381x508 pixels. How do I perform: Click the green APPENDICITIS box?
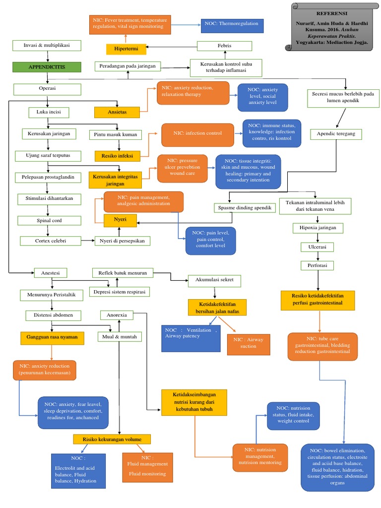tap(47, 66)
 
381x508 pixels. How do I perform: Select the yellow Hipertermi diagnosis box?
tap(126, 49)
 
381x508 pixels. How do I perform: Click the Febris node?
tap(224, 46)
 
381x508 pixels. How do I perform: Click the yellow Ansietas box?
tap(117, 112)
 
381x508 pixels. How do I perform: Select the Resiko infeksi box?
tap(117, 156)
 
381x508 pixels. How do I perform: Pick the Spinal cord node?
tap(47, 220)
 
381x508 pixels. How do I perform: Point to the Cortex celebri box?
tap(51, 241)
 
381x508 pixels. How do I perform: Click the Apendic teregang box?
tap(336, 134)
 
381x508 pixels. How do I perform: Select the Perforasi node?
tap(317, 265)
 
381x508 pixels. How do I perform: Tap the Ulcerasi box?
tap(317, 247)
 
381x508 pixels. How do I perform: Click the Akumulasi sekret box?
tap(215, 280)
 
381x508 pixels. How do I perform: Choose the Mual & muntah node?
tap(119, 337)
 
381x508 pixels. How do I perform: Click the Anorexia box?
tap(117, 315)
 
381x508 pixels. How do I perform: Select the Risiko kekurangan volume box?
tap(112, 439)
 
